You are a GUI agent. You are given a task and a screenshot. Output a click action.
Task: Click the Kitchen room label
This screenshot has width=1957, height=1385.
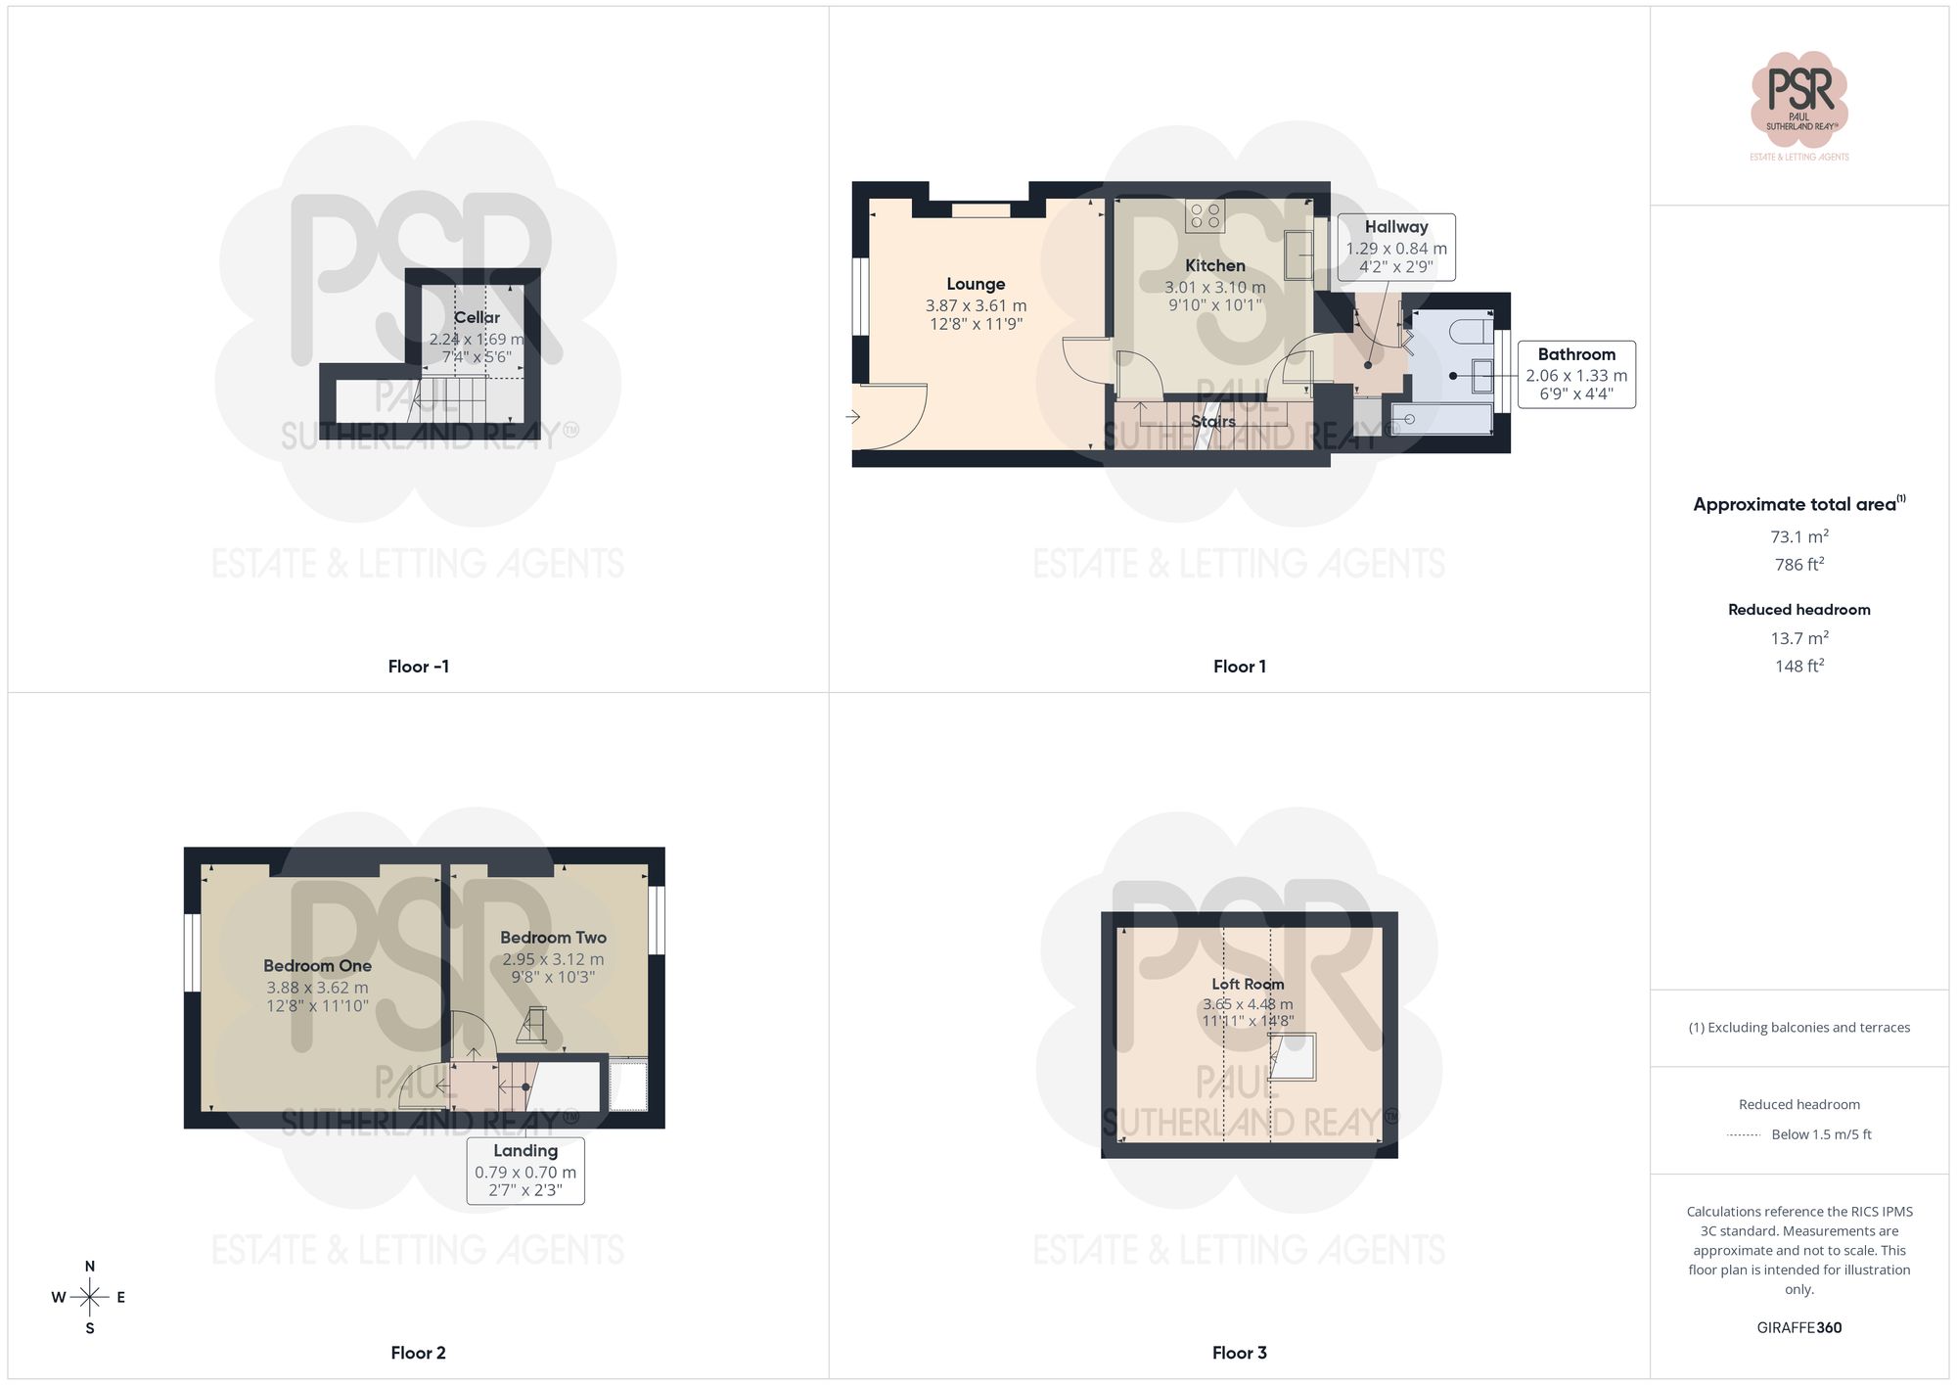[1214, 265]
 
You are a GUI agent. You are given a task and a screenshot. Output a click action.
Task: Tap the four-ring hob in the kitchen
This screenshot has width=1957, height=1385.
[1205, 216]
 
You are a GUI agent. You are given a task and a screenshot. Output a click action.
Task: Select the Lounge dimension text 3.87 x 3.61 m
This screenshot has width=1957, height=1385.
[976, 305]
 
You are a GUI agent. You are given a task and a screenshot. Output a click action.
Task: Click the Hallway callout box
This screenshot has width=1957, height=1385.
[1396, 247]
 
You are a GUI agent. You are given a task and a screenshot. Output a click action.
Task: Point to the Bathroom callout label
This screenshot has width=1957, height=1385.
[1576, 354]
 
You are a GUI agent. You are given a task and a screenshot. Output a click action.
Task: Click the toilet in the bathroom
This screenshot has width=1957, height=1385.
[1471, 331]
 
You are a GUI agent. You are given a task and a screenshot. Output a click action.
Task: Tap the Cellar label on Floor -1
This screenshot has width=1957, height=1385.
[477, 317]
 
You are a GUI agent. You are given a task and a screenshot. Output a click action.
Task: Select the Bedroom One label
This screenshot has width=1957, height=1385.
[317, 966]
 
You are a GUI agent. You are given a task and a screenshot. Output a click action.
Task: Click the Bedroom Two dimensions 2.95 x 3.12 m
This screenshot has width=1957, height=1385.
[553, 959]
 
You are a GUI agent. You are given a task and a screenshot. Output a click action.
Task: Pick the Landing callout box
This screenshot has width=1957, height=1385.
[525, 1170]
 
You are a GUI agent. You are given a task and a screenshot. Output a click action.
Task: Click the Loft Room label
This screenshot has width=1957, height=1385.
[1248, 984]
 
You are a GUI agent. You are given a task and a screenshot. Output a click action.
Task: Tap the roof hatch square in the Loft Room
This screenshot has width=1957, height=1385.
[1293, 1057]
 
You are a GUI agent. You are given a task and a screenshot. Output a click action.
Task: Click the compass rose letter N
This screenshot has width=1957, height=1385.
[90, 1267]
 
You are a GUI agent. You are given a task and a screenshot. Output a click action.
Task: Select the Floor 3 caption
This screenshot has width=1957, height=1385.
[1239, 1353]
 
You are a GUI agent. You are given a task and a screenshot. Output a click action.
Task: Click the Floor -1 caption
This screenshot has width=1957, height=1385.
[418, 667]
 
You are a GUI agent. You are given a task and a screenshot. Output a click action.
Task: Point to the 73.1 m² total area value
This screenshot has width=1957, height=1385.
[1798, 536]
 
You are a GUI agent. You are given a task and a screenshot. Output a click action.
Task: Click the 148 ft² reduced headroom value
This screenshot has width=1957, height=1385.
[1798, 667]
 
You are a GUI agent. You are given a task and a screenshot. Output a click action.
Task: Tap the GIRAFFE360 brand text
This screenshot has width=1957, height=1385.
[1798, 1328]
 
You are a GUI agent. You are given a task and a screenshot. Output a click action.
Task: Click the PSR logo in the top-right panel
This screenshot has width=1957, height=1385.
[1798, 98]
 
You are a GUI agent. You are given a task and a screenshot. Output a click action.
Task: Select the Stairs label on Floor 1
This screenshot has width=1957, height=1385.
[1213, 422]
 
